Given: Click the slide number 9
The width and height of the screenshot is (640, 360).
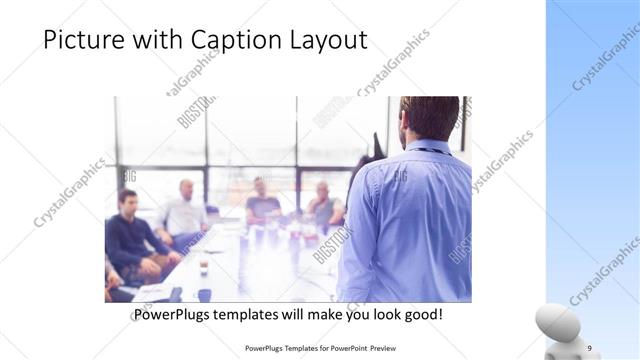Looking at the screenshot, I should [x=589, y=347].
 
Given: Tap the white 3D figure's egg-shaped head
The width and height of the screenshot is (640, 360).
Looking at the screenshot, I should [x=556, y=322].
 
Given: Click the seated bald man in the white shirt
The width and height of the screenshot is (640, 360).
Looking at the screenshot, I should [x=184, y=211].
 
